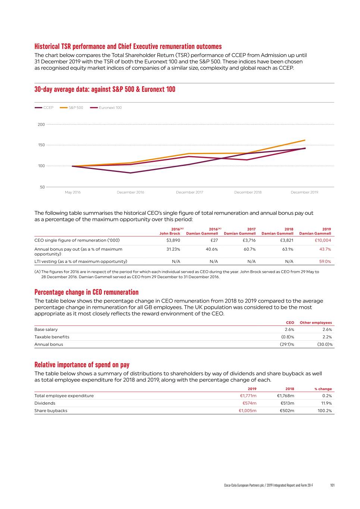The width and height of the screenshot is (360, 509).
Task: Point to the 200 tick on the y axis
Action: click(41, 125)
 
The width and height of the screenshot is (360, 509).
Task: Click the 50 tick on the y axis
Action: click(42, 187)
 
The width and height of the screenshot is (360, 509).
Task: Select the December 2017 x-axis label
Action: click(190, 192)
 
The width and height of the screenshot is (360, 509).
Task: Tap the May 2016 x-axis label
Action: click(73, 192)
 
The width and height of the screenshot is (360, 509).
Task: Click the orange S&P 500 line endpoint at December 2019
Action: click(305, 140)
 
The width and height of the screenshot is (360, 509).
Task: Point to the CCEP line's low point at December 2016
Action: click(131, 173)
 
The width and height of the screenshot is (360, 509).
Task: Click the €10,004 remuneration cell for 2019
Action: click(323, 241)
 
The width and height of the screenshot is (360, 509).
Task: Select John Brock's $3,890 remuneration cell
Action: click(173, 241)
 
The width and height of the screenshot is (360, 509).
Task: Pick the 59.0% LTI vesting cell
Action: click(325, 262)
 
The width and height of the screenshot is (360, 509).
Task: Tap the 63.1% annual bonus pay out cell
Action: click(287, 249)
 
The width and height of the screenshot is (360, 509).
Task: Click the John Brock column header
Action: click(170, 233)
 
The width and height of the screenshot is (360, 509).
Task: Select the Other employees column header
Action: click(316, 323)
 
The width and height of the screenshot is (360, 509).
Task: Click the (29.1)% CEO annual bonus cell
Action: click(287, 345)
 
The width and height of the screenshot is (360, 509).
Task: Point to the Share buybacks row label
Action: click(51, 411)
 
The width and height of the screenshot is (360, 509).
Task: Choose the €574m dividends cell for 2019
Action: click(249, 403)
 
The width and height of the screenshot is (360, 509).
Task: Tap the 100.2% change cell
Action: click(325, 411)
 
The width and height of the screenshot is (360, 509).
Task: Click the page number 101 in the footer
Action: click(332, 485)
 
